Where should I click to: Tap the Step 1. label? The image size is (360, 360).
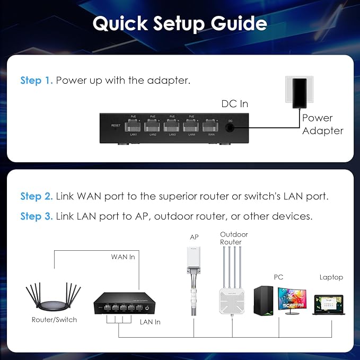[36, 81]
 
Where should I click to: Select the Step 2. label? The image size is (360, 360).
[36, 196]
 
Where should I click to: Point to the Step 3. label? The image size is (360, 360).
[36, 216]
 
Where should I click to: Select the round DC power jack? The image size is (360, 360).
[230, 127]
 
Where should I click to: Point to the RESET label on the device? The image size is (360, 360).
[116, 126]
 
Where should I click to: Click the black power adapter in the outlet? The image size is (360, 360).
[300, 92]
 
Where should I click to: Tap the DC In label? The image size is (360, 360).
[234, 104]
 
